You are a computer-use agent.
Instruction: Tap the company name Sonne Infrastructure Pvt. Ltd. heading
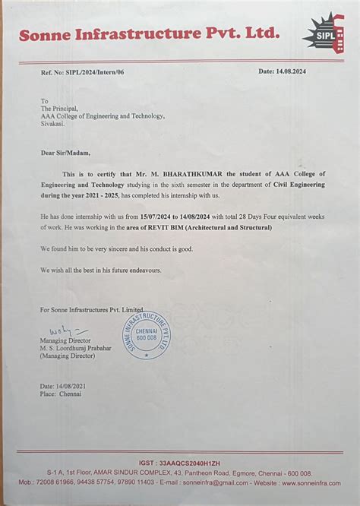(144, 34)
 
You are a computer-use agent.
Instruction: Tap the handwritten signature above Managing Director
(65, 332)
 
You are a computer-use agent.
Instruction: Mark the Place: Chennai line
(63, 395)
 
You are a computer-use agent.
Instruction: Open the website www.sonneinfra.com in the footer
(314, 482)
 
